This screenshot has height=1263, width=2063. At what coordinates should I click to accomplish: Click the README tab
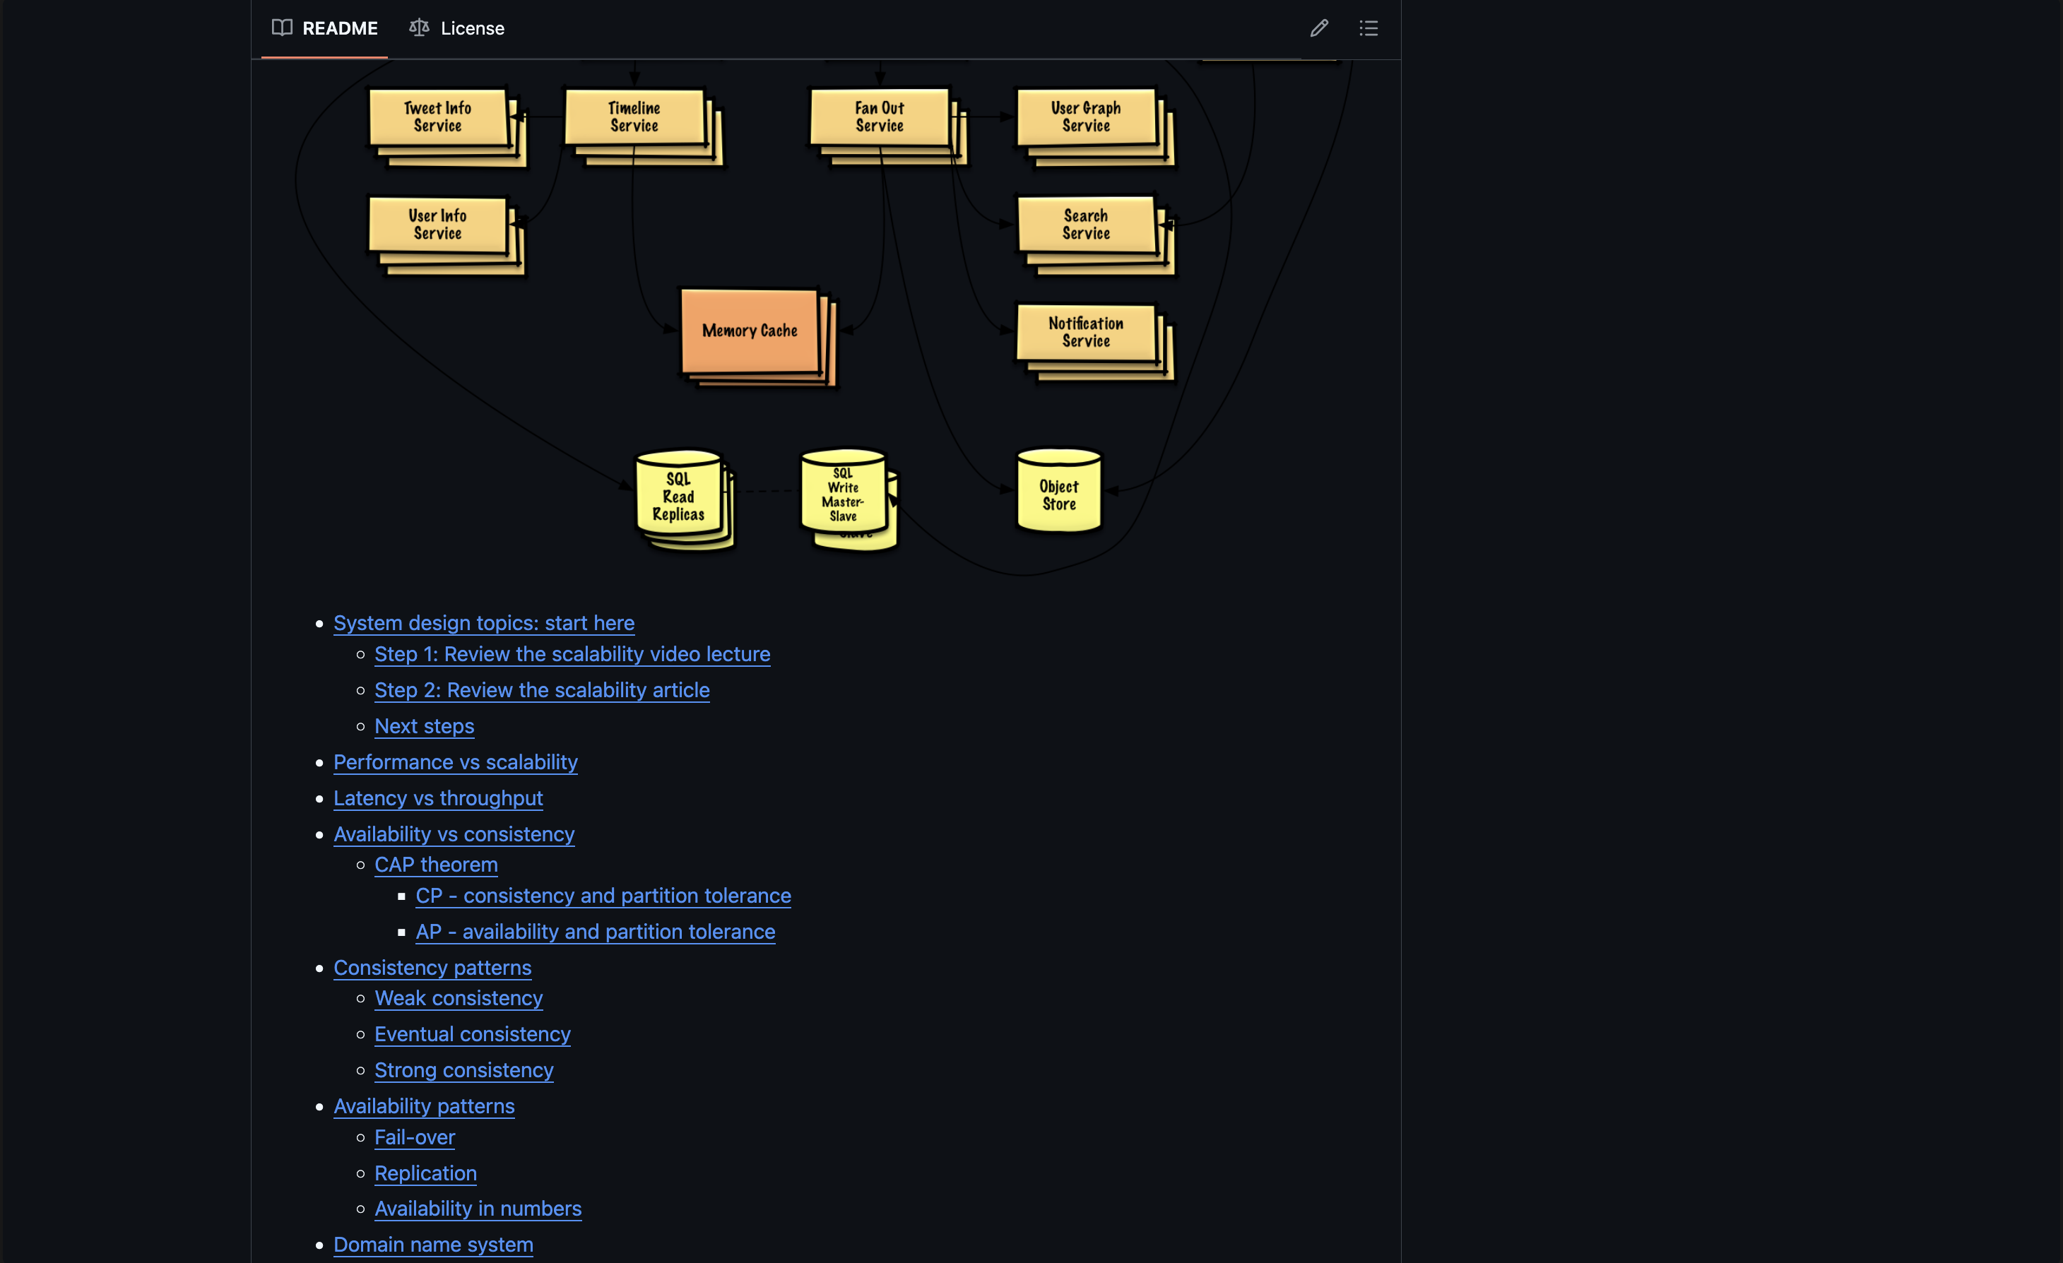(325, 28)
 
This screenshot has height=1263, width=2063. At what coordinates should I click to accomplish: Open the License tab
(456, 28)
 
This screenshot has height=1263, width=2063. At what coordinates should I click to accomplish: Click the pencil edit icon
(1318, 28)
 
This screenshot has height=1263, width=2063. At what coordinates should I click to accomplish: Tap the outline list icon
(1368, 28)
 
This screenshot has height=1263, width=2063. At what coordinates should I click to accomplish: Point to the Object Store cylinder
(1059, 492)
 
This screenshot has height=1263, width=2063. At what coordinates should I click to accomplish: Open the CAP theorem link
(436, 865)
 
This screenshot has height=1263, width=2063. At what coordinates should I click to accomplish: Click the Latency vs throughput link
(438, 798)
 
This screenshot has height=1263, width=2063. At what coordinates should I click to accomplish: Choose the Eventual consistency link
(472, 1035)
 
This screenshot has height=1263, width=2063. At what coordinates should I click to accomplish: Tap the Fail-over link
(415, 1137)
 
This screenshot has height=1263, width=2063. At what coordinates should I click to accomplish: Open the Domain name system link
(433, 1245)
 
